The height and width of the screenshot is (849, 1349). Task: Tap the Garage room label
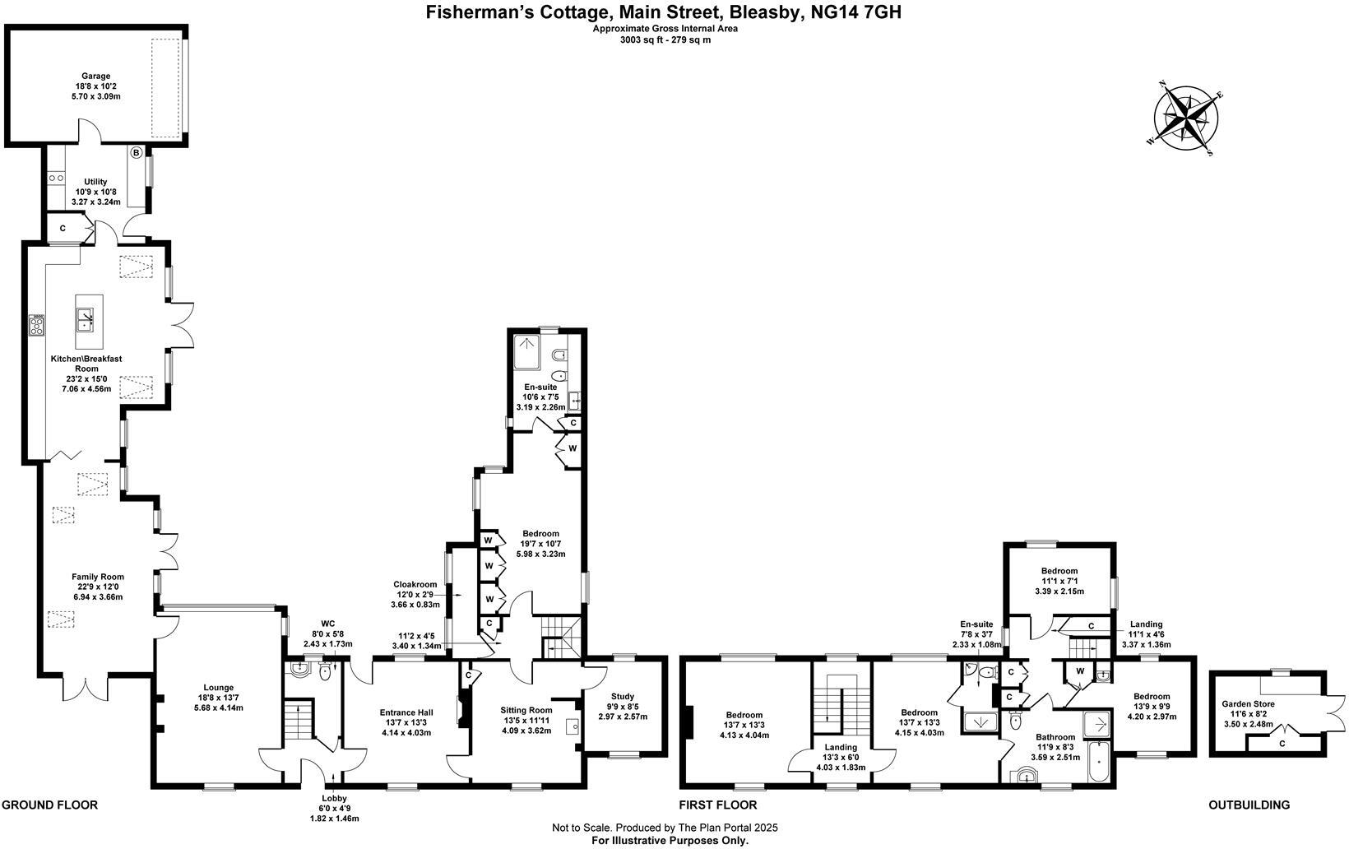95,77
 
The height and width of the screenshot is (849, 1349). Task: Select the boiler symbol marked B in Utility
137,152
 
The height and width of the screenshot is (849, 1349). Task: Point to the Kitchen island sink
86,318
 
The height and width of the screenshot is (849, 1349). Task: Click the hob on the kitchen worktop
37,326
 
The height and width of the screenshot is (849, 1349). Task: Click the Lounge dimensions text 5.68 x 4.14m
219,707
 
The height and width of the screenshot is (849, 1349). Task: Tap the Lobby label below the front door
334,798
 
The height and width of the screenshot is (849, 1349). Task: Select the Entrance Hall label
406,712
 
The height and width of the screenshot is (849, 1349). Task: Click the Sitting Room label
526,710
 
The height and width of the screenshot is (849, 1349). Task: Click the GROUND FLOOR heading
50,805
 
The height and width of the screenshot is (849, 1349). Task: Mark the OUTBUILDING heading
1249,805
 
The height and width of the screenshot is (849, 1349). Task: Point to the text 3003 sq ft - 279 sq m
665,39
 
